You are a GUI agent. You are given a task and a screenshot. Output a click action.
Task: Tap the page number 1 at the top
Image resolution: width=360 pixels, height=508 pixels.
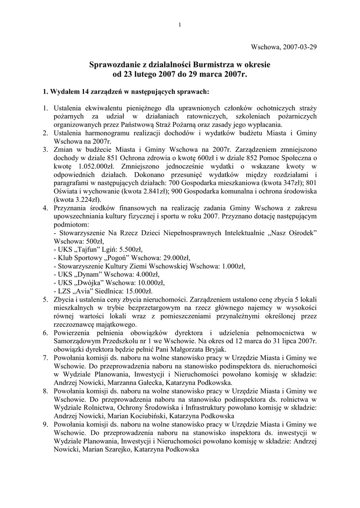tap(180, 25)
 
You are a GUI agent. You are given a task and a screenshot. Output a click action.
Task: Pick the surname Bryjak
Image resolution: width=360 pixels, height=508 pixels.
tap(213, 349)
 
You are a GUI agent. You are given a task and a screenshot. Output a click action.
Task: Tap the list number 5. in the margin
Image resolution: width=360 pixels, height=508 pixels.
tap(45, 300)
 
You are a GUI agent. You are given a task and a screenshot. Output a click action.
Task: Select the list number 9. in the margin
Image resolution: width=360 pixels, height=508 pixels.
tap(45, 425)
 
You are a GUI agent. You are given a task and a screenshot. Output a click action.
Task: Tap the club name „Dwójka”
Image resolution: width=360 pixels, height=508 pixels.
tap(93, 283)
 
